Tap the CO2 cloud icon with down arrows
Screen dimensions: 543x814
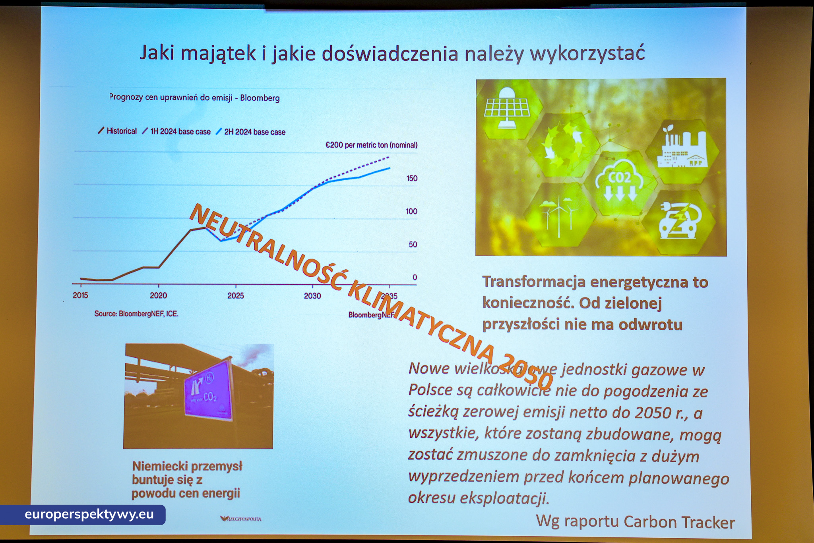(620, 181)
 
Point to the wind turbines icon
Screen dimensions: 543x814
(558, 215)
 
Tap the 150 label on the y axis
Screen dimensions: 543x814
(412, 178)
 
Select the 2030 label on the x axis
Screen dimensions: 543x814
(312, 296)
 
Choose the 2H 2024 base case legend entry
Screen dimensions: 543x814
(251, 132)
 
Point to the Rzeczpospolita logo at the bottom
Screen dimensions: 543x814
(241, 519)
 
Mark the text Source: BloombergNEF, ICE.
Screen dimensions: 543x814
(136, 314)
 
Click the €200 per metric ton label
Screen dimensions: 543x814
(371, 145)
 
